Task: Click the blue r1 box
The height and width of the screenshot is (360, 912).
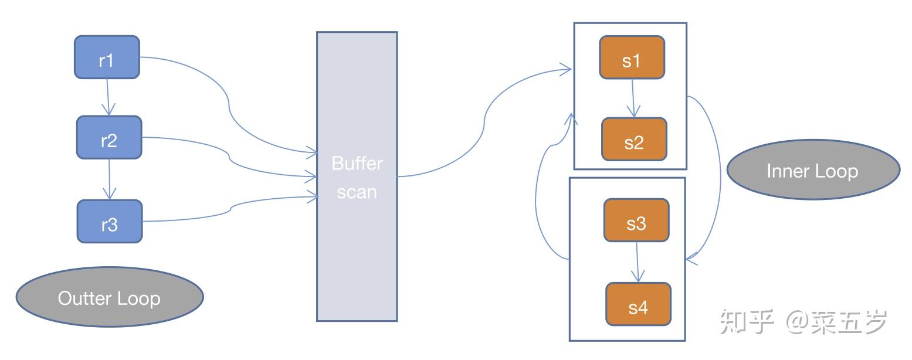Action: [107, 57]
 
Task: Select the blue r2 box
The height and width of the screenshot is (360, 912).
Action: [109, 137]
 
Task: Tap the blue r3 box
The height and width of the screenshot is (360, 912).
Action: [110, 222]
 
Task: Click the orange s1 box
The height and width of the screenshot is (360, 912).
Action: [632, 57]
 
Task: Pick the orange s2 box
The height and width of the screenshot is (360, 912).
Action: [635, 140]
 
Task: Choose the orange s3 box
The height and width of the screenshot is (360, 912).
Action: [636, 220]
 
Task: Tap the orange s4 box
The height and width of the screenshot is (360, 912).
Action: [638, 304]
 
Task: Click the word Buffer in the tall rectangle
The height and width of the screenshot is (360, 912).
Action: [357, 164]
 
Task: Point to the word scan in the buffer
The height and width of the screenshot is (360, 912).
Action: [357, 192]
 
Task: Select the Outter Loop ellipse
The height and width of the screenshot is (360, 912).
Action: [110, 297]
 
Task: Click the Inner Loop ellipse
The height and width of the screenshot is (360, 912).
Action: [813, 170]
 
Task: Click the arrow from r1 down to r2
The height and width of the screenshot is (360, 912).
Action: [108, 97]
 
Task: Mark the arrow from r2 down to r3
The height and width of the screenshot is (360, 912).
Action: [109, 179]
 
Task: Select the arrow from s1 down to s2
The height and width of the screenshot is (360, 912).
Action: [633, 98]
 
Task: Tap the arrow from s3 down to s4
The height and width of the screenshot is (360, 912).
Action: [638, 262]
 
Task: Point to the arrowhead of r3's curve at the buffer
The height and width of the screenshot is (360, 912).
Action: [313, 197]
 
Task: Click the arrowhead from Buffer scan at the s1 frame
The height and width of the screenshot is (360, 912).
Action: [566, 69]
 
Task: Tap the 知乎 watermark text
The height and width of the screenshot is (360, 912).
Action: [747, 322]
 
